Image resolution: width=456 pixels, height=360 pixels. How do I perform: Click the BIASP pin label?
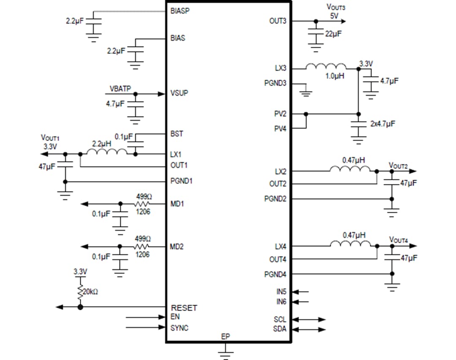pyautogui.click(x=180, y=11)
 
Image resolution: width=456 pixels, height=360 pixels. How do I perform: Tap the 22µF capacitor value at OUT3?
pyautogui.click(x=333, y=34)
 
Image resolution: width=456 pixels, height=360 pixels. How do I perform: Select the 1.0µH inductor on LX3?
pyautogui.click(x=326, y=67)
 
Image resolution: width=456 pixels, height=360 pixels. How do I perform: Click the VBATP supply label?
pyautogui.click(x=120, y=89)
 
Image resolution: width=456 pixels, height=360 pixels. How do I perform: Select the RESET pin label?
pyautogui.click(x=184, y=308)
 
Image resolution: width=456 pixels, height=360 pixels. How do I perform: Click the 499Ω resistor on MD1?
pyautogui.click(x=142, y=203)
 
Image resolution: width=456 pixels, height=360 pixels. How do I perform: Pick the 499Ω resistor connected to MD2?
pyautogui.click(x=142, y=246)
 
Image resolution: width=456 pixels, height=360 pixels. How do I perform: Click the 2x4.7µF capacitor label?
pyautogui.click(x=383, y=124)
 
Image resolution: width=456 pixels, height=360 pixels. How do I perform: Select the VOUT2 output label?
pyautogui.click(x=398, y=165)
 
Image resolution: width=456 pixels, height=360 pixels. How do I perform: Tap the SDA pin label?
pyautogui.click(x=280, y=329)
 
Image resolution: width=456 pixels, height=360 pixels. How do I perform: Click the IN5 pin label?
pyautogui.click(x=281, y=291)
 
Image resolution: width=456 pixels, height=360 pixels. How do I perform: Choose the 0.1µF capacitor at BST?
pyautogui.click(x=135, y=142)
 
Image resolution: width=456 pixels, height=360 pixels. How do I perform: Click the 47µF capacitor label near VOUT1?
pyautogui.click(x=47, y=167)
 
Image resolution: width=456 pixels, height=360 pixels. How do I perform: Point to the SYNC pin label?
pyautogui.click(x=179, y=328)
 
